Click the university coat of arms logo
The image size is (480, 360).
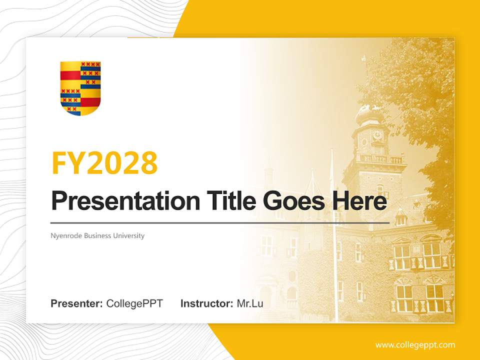80,88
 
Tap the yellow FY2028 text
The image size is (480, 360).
104,162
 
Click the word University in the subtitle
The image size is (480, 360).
128,235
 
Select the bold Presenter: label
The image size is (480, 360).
77,303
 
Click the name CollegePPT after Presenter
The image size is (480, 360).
134,303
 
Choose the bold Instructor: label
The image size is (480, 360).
206,303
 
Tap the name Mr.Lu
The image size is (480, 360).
249,303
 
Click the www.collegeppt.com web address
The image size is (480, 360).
415,345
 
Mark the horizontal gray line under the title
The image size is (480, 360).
220,222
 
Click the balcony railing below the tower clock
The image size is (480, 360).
381,159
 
